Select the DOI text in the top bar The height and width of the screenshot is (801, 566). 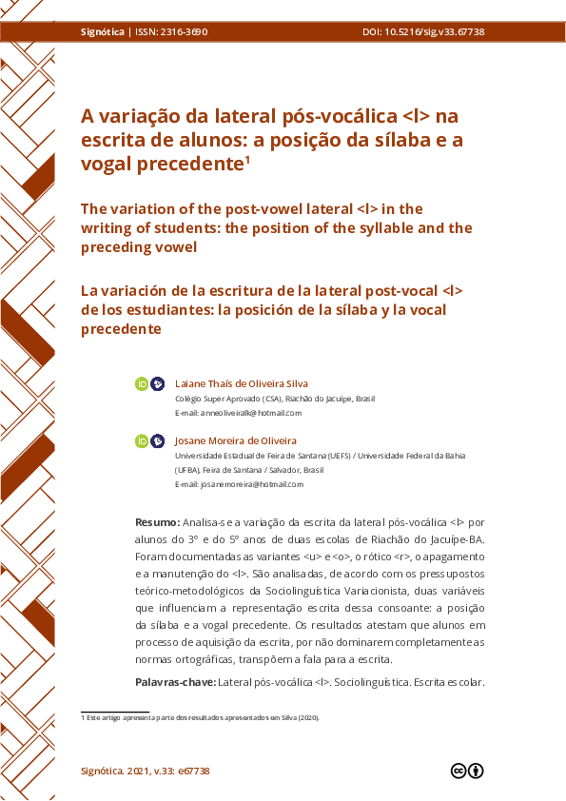pyautogui.click(x=423, y=31)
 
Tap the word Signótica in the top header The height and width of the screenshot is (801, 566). pyautogui.click(x=103, y=31)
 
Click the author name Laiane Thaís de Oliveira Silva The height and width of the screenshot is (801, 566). pyautogui.click(x=242, y=383)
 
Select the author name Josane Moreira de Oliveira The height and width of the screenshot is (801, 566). pyautogui.click(x=236, y=440)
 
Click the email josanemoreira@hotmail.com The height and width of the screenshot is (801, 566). pyautogui.click(x=252, y=484)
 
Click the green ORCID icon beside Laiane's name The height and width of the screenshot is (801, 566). pyautogui.click(x=142, y=383)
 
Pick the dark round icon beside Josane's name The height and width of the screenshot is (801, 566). pyautogui.click(x=158, y=440)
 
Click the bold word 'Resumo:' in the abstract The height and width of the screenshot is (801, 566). pyautogui.click(x=157, y=522)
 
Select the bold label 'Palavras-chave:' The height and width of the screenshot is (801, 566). pyautogui.click(x=176, y=682)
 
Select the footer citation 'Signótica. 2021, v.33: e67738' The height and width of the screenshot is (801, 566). pyautogui.click(x=146, y=771)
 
